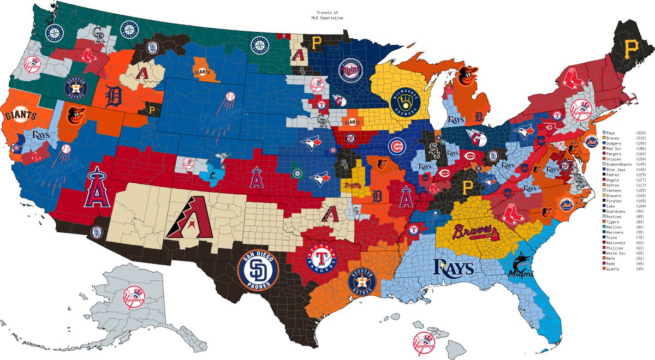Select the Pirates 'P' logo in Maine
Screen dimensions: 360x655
coord(634,47)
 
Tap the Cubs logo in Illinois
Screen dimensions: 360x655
coord(398,146)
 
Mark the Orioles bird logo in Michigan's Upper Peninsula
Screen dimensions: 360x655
coord(466,76)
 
